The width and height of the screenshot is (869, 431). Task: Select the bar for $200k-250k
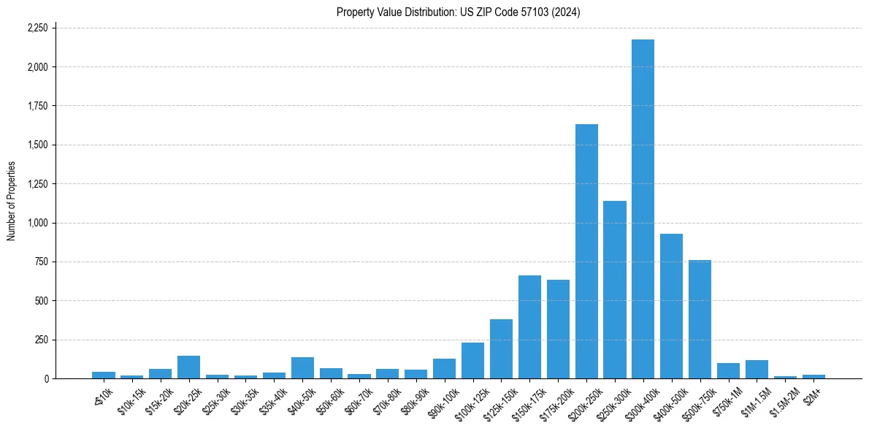[586, 251]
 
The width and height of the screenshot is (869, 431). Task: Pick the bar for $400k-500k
[671, 306]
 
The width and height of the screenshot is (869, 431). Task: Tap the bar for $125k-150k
[501, 349]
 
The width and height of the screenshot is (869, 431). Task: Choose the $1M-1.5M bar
[757, 370]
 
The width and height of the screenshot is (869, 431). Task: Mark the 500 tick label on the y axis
[42, 301]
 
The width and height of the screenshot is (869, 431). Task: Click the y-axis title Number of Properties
[11, 201]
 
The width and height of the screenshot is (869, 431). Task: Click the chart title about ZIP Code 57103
[458, 12]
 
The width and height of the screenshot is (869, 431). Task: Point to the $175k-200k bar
[558, 329]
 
